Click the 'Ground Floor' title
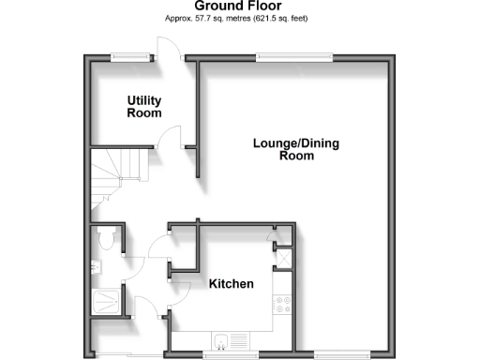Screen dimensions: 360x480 240,6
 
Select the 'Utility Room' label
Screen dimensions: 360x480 144,106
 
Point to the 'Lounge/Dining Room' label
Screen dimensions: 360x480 295,150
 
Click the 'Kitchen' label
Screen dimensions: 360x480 231,283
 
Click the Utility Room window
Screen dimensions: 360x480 129,56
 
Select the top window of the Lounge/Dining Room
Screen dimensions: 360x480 294,56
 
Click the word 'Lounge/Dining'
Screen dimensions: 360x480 295,143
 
